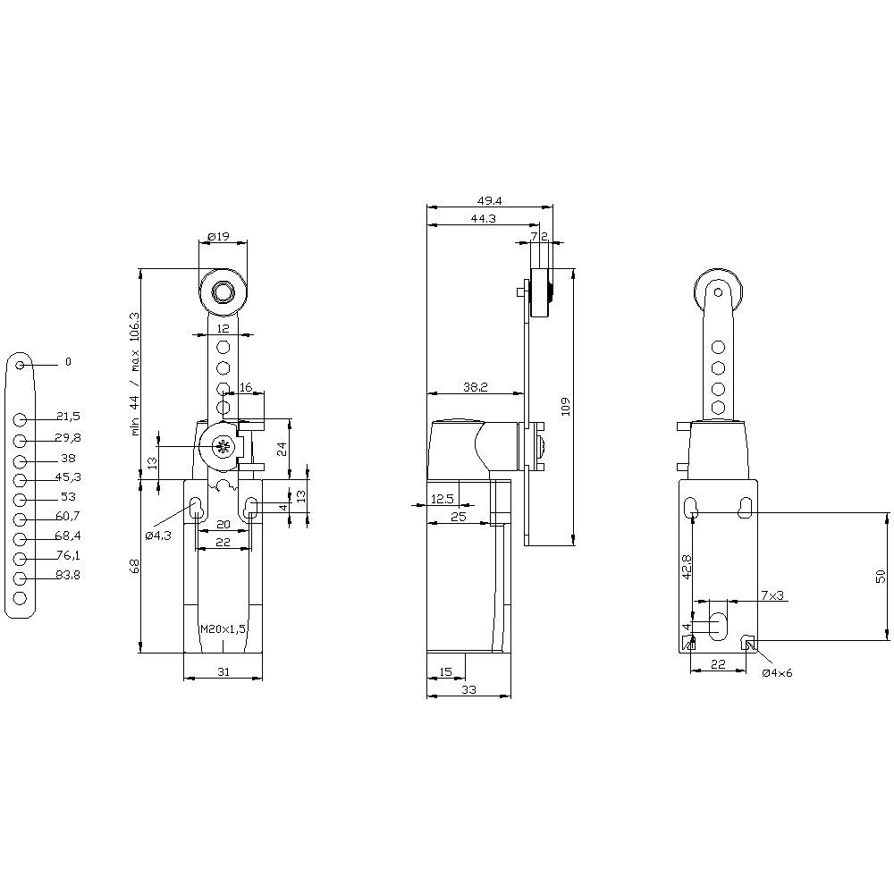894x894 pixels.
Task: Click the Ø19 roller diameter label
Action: [219, 236]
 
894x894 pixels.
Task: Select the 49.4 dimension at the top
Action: [488, 202]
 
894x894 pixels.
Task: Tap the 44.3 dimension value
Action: [483, 219]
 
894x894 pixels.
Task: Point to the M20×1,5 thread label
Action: [223, 629]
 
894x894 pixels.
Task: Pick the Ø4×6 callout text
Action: [777, 673]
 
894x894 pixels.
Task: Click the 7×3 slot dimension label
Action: [772, 595]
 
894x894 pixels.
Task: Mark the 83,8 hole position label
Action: [68, 576]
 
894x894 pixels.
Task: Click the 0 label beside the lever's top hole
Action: [67, 362]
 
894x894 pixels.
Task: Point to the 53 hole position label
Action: [68, 497]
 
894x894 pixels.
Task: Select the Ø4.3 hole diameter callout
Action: [158, 536]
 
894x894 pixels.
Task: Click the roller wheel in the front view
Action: [222, 291]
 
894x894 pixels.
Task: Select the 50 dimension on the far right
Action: [880, 576]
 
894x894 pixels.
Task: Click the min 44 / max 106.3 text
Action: [135, 373]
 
